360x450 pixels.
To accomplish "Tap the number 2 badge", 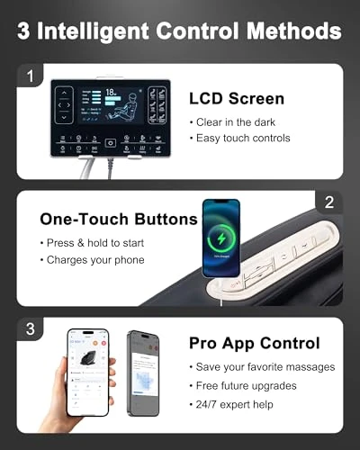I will tap(328, 202).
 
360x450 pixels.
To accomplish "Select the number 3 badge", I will tap(30, 329).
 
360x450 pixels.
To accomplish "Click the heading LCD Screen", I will tap(236, 98).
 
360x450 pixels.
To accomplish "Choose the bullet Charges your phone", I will tap(94, 260).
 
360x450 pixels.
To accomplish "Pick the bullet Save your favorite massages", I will tap(261, 366).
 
